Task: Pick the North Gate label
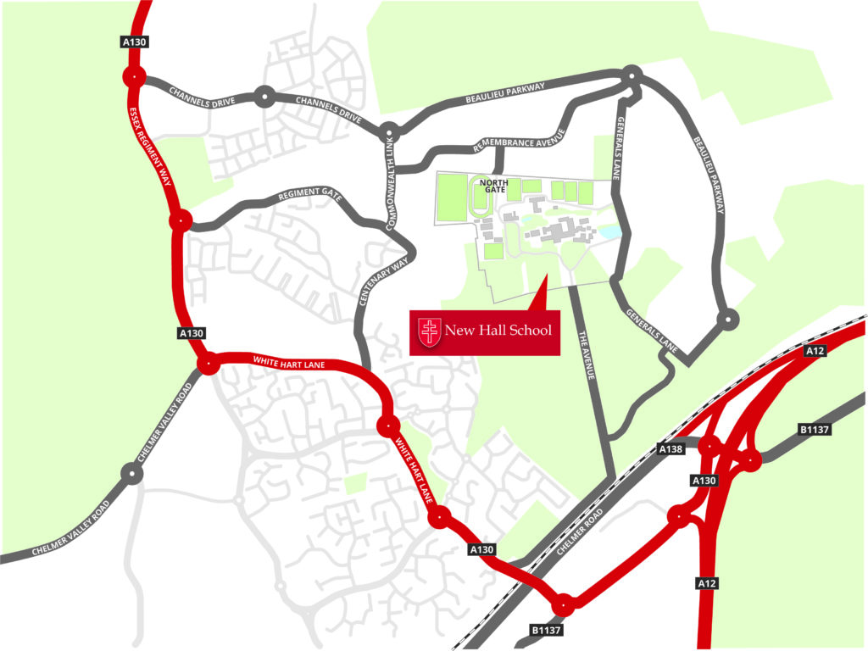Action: click(x=492, y=186)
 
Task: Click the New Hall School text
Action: click(x=498, y=330)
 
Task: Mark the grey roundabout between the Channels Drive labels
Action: click(x=264, y=97)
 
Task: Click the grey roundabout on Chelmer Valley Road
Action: click(x=131, y=473)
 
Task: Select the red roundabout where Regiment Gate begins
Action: click(x=180, y=222)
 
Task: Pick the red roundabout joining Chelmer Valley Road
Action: click(x=207, y=365)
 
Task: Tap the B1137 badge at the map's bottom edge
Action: click(x=547, y=631)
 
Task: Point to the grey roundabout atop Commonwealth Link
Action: click(x=388, y=131)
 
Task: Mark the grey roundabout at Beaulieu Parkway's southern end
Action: click(x=727, y=319)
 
